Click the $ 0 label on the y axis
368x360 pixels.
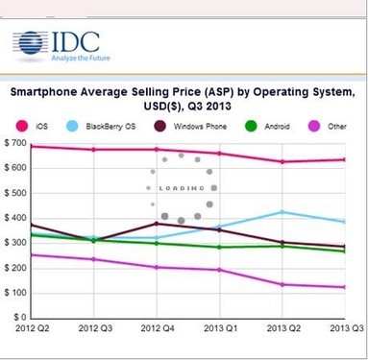[17, 317]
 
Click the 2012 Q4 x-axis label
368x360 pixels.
[157, 329]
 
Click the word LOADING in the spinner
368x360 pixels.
[173, 188]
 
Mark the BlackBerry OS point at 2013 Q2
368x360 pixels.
[282, 212]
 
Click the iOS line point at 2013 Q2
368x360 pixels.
[282, 161]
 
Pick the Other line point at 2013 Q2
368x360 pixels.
[282, 284]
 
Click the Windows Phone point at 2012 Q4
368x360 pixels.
[157, 224]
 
